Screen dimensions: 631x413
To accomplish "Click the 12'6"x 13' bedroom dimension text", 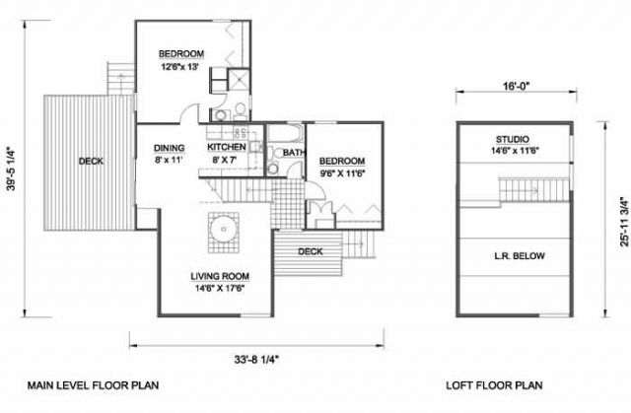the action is pos(180,67).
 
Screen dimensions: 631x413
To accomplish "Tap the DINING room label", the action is pos(169,148).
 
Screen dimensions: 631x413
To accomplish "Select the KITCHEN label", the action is pos(227,147).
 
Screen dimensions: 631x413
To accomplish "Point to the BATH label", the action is pos(294,153).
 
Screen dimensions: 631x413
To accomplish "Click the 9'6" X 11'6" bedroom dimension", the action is pos(342,174).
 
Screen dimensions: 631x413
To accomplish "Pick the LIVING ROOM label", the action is pos(220,276).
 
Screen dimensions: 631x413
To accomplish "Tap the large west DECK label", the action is pos(91,162).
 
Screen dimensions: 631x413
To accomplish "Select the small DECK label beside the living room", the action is pos(311,251).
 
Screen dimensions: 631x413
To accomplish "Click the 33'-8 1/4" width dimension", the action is pos(256,359).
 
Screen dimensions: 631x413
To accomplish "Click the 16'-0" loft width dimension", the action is pos(516,86).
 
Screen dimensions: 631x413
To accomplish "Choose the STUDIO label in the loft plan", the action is pos(513,140).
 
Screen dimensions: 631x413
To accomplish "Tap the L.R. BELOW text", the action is pos(520,255).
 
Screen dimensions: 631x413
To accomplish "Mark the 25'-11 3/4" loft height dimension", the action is pos(624,221).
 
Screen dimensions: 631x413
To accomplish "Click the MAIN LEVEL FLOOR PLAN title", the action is pos(93,385).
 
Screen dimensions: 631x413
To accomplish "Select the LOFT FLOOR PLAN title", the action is pos(494,385).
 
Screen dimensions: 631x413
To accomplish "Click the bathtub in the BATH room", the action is pos(285,134).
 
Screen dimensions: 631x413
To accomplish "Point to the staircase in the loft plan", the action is pos(534,189).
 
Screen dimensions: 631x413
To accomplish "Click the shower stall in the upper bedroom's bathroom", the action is pos(239,79).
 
